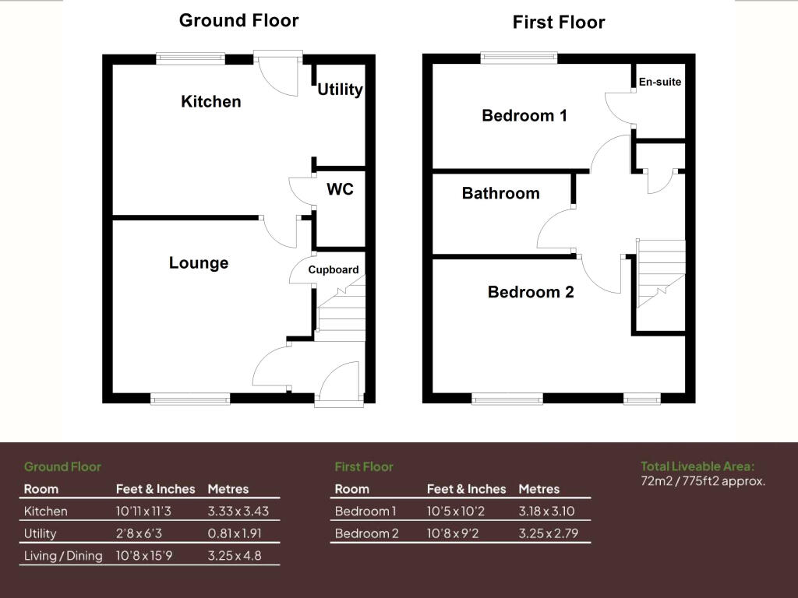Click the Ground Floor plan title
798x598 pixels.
238,20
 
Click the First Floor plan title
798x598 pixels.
558,23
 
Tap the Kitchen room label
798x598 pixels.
210,101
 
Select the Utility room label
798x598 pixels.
340,90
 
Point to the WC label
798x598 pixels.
340,189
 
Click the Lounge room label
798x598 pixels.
199,263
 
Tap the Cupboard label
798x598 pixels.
334,270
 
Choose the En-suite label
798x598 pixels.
660,82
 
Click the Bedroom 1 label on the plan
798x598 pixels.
524,116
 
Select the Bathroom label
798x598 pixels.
500,193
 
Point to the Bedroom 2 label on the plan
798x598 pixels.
531,292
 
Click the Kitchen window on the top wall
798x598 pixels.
190,57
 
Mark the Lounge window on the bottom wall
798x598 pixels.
190,399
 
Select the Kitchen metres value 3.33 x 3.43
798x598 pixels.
238,512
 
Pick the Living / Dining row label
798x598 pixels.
63,556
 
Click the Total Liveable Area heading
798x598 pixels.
697,466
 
